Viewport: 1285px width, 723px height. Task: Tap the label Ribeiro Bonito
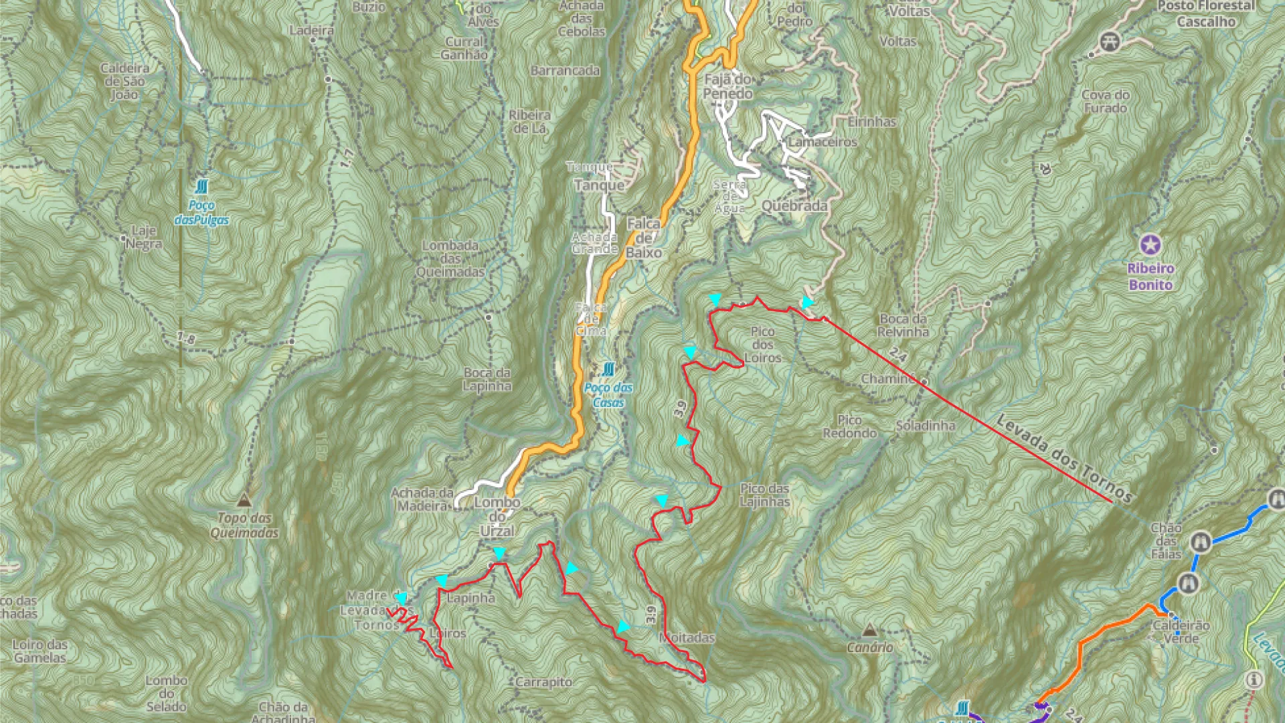pyautogui.click(x=1150, y=276)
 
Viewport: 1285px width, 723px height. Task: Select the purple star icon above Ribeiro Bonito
pyautogui.click(x=1150, y=245)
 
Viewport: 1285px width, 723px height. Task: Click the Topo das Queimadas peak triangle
pyautogui.click(x=244, y=500)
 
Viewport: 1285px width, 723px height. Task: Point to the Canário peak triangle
pyautogui.click(x=869, y=630)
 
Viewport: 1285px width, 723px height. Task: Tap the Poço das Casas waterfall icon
pyautogui.click(x=608, y=370)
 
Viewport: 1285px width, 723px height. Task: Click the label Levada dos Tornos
pyautogui.click(x=1063, y=459)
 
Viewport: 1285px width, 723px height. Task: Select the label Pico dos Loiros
pyautogui.click(x=762, y=345)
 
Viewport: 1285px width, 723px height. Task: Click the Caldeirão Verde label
pyautogui.click(x=1181, y=631)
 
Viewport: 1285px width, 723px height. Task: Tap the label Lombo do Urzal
pyautogui.click(x=497, y=517)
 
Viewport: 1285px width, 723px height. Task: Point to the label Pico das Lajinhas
pyautogui.click(x=764, y=495)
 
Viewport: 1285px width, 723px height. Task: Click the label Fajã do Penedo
pyautogui.click(x=727, y=86)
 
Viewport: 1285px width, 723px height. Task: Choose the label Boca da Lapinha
pyautogui.click(x=487, y=379)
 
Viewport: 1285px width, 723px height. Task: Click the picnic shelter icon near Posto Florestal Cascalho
pyautogui.click(x=1110, y=42)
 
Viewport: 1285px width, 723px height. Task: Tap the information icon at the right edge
pyautogui.click(x=1254, y=680)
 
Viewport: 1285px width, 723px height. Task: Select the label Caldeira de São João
pyautogui.click(x=124, y=81)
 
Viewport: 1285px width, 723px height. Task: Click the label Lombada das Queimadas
pyautogui.click(x=450, y=258)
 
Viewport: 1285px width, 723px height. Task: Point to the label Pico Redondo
pyautogui.click(x=849, y=426)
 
